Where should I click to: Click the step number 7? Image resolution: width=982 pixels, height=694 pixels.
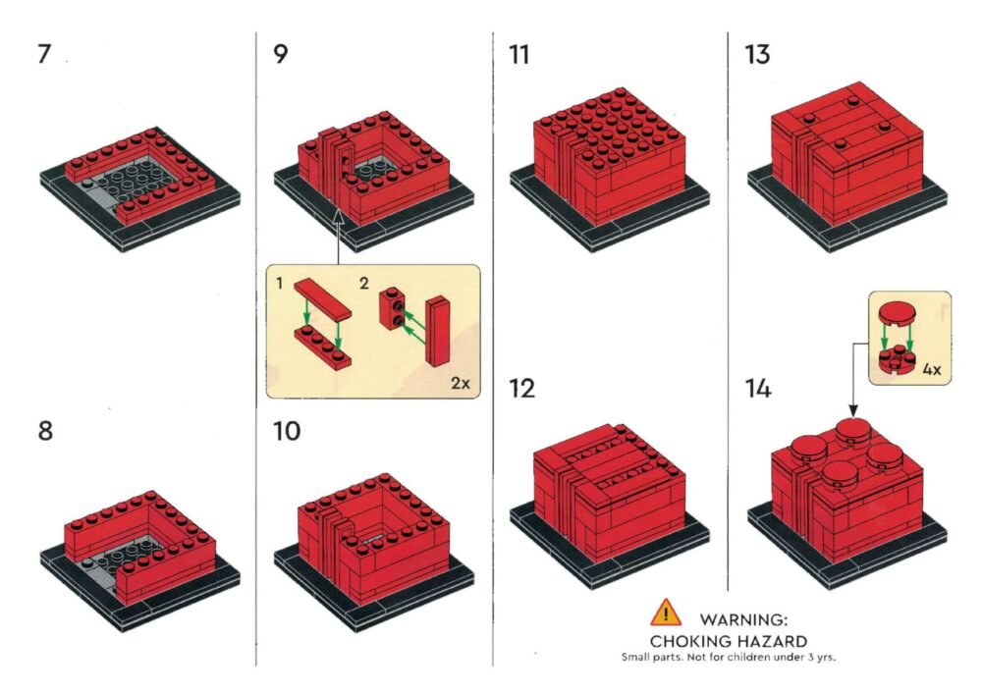[44, 54]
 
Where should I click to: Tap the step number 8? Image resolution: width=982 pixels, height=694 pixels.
[45, 431]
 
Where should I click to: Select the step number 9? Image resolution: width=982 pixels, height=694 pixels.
[281, 54]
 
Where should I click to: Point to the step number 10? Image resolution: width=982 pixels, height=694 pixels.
[287, 431]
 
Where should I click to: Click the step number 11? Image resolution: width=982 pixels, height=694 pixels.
[519, 54]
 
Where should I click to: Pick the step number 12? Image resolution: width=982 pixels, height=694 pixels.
[521, 389]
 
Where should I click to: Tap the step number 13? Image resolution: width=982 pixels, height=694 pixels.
[757, 54]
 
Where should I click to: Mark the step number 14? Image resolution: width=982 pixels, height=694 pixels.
[758, 389]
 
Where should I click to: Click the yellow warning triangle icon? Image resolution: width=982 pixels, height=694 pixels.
[666, 612]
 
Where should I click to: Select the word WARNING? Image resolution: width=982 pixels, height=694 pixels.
[743, 620]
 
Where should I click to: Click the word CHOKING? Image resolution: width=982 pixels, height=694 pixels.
[687, 641]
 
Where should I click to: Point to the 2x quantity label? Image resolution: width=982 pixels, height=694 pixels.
[461, 383]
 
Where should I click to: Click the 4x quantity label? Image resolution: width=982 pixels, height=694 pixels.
[932, 370]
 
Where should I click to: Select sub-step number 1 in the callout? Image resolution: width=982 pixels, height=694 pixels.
[279, 284]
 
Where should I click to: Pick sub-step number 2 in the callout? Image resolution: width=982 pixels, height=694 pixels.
[364, 284]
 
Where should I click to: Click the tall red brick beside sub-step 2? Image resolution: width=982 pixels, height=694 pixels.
[438, 331]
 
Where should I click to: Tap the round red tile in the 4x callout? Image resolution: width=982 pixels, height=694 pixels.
[897, 313]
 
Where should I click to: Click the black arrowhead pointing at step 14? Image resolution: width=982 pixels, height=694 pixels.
[853, 410]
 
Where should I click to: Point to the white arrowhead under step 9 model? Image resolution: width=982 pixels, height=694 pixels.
[338, 216]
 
